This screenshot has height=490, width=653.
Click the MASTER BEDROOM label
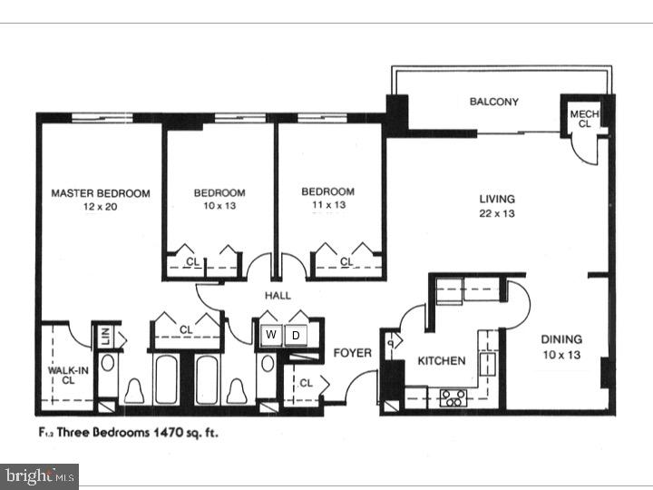(x=100, y=193)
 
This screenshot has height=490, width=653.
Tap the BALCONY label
(x=493, y=102)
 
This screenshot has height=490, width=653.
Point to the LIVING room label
(x=497, y=199)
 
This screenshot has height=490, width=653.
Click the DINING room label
(x=561, y=339)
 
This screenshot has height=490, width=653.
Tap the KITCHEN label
(x=441, y=360)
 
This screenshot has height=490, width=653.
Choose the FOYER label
(x=352, y=352)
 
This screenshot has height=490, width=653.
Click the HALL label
(x=278, y=297)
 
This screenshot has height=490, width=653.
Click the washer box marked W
(x=271, y=335)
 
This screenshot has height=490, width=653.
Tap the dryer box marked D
(x=295, y=335)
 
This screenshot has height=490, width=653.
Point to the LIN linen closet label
(x=105, y=335)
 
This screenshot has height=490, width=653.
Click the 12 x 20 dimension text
(x=100, y=208)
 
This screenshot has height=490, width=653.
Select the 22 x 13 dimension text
(x=497, y=214)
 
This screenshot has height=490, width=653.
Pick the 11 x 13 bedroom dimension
(x=327, y=207)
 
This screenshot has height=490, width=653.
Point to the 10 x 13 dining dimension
(x=561, y=355)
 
